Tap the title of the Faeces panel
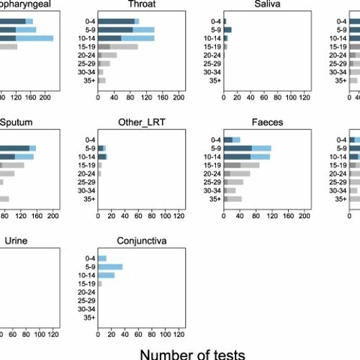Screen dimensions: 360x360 pyautogui.click(x=267, y=122)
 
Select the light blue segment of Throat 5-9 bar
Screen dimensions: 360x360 pyautogui.click(x=143, y=30)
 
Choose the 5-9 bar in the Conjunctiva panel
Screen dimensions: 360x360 pyautogui.click(x=110, y=266)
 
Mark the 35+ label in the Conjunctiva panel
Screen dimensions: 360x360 pyautogui.click(x=88, y=318)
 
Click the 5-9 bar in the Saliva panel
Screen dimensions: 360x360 pyautogui.click(x=228, y=30)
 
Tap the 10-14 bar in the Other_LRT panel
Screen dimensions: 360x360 pyautogui.click(x=102, y=156)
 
